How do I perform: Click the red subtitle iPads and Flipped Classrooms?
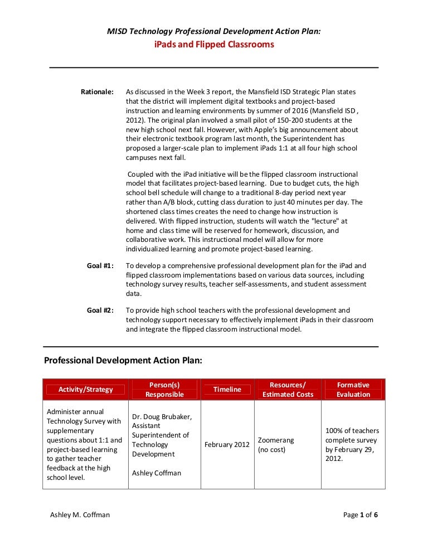point(214,45)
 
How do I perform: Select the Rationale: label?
point(98,91)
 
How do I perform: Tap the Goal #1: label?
point(100,266)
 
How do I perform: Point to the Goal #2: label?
point(100,310)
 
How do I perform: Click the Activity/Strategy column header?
point(86,390)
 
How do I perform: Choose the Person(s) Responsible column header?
point(164,390)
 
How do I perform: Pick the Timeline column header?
point(227,390)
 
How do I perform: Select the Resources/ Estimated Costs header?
point(288,390)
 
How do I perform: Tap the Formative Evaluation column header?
point(353,390)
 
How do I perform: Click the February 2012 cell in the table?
point(227,445)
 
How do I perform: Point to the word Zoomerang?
point(276,440)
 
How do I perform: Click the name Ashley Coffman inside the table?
point(157,473)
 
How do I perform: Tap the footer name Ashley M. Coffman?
point(80,515)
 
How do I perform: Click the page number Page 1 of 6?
point(361,515)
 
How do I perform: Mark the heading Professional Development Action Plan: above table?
point(123,361)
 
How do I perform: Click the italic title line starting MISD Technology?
point(214,32)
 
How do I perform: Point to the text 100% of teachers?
point(352,431)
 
